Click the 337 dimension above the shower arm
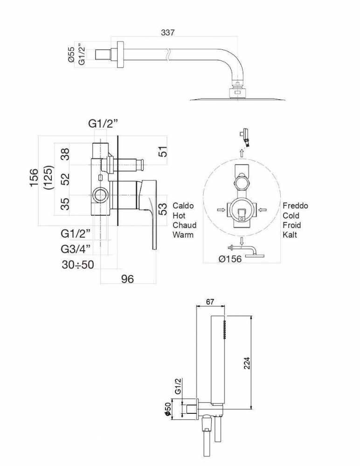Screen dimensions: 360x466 pos(167,33)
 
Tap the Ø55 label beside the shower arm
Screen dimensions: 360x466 pos(71,55)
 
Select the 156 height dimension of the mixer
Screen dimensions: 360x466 pos(34,178)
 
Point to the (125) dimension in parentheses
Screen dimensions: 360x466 pos(48,178)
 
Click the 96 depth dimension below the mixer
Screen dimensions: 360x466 pos(127,279)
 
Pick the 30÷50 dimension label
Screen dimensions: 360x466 pos(78,264)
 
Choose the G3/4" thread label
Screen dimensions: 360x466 pos(76,249)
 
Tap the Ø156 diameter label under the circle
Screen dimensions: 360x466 pos(230,259)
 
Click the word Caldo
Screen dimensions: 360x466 pos(183,206)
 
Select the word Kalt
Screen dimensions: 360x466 pos(290,234)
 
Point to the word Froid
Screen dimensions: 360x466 pos(291,225)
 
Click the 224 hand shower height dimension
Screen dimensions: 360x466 pos(247,363)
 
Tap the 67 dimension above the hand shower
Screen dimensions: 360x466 pos(210,302)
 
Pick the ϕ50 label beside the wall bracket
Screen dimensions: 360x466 pos(167,411)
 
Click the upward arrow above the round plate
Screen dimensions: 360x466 pos(242,153)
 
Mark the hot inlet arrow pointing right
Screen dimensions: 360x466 pos(221,210)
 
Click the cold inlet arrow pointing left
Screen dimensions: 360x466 pos(263,210)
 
